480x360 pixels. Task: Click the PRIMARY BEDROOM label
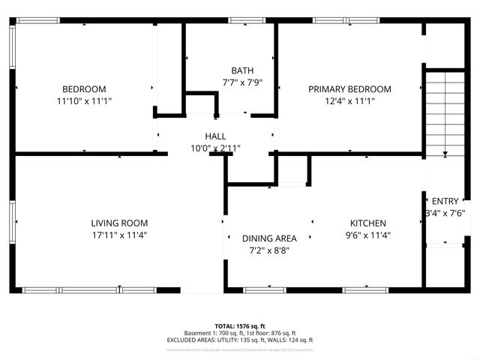[x=349, y=88]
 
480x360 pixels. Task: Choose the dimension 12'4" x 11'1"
[x=349, y=100]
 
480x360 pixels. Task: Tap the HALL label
[x=216, y=136]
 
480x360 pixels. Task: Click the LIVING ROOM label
[x=119, y=223]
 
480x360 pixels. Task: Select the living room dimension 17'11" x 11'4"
[x=119, y=235]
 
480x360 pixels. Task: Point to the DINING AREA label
[x=267, y=238]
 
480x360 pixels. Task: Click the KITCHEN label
[x=368, y=223]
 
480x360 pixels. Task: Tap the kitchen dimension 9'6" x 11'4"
[x=368, y=235]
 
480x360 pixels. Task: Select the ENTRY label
[x=445, y=201]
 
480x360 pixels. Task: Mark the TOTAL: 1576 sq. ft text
[x=239, y=326]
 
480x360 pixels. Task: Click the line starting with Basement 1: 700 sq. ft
[x=239, y=333]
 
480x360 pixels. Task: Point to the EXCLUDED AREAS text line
[x=239, y=340]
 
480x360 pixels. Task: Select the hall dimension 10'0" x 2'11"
[x=216, y=148]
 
